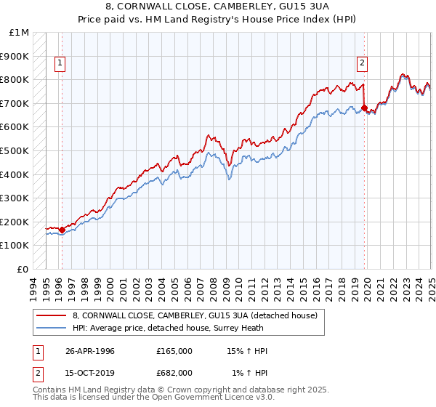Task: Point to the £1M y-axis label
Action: click(x=20, y=33)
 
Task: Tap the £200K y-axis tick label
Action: click(x=14, y=222)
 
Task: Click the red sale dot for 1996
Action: click(x=62, y=230)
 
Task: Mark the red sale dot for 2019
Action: click(x=364, y=108)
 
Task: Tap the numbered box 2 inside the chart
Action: click(x=362, y=63)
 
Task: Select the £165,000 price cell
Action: click(x=174, y=351)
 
